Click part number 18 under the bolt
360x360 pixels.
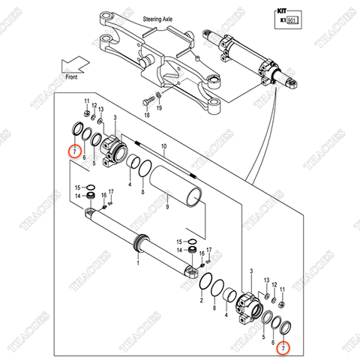pyautogui.click(x=147, y=115)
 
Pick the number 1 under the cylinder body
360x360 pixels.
pyautogui.click(x=138, y=262)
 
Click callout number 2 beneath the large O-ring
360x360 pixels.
pyautogui.click(x=201, y=301)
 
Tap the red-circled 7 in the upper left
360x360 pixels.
pyautogui.click(x=72, y=151)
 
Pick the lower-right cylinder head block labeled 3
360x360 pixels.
pyautogui.click(x=247, y=305)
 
